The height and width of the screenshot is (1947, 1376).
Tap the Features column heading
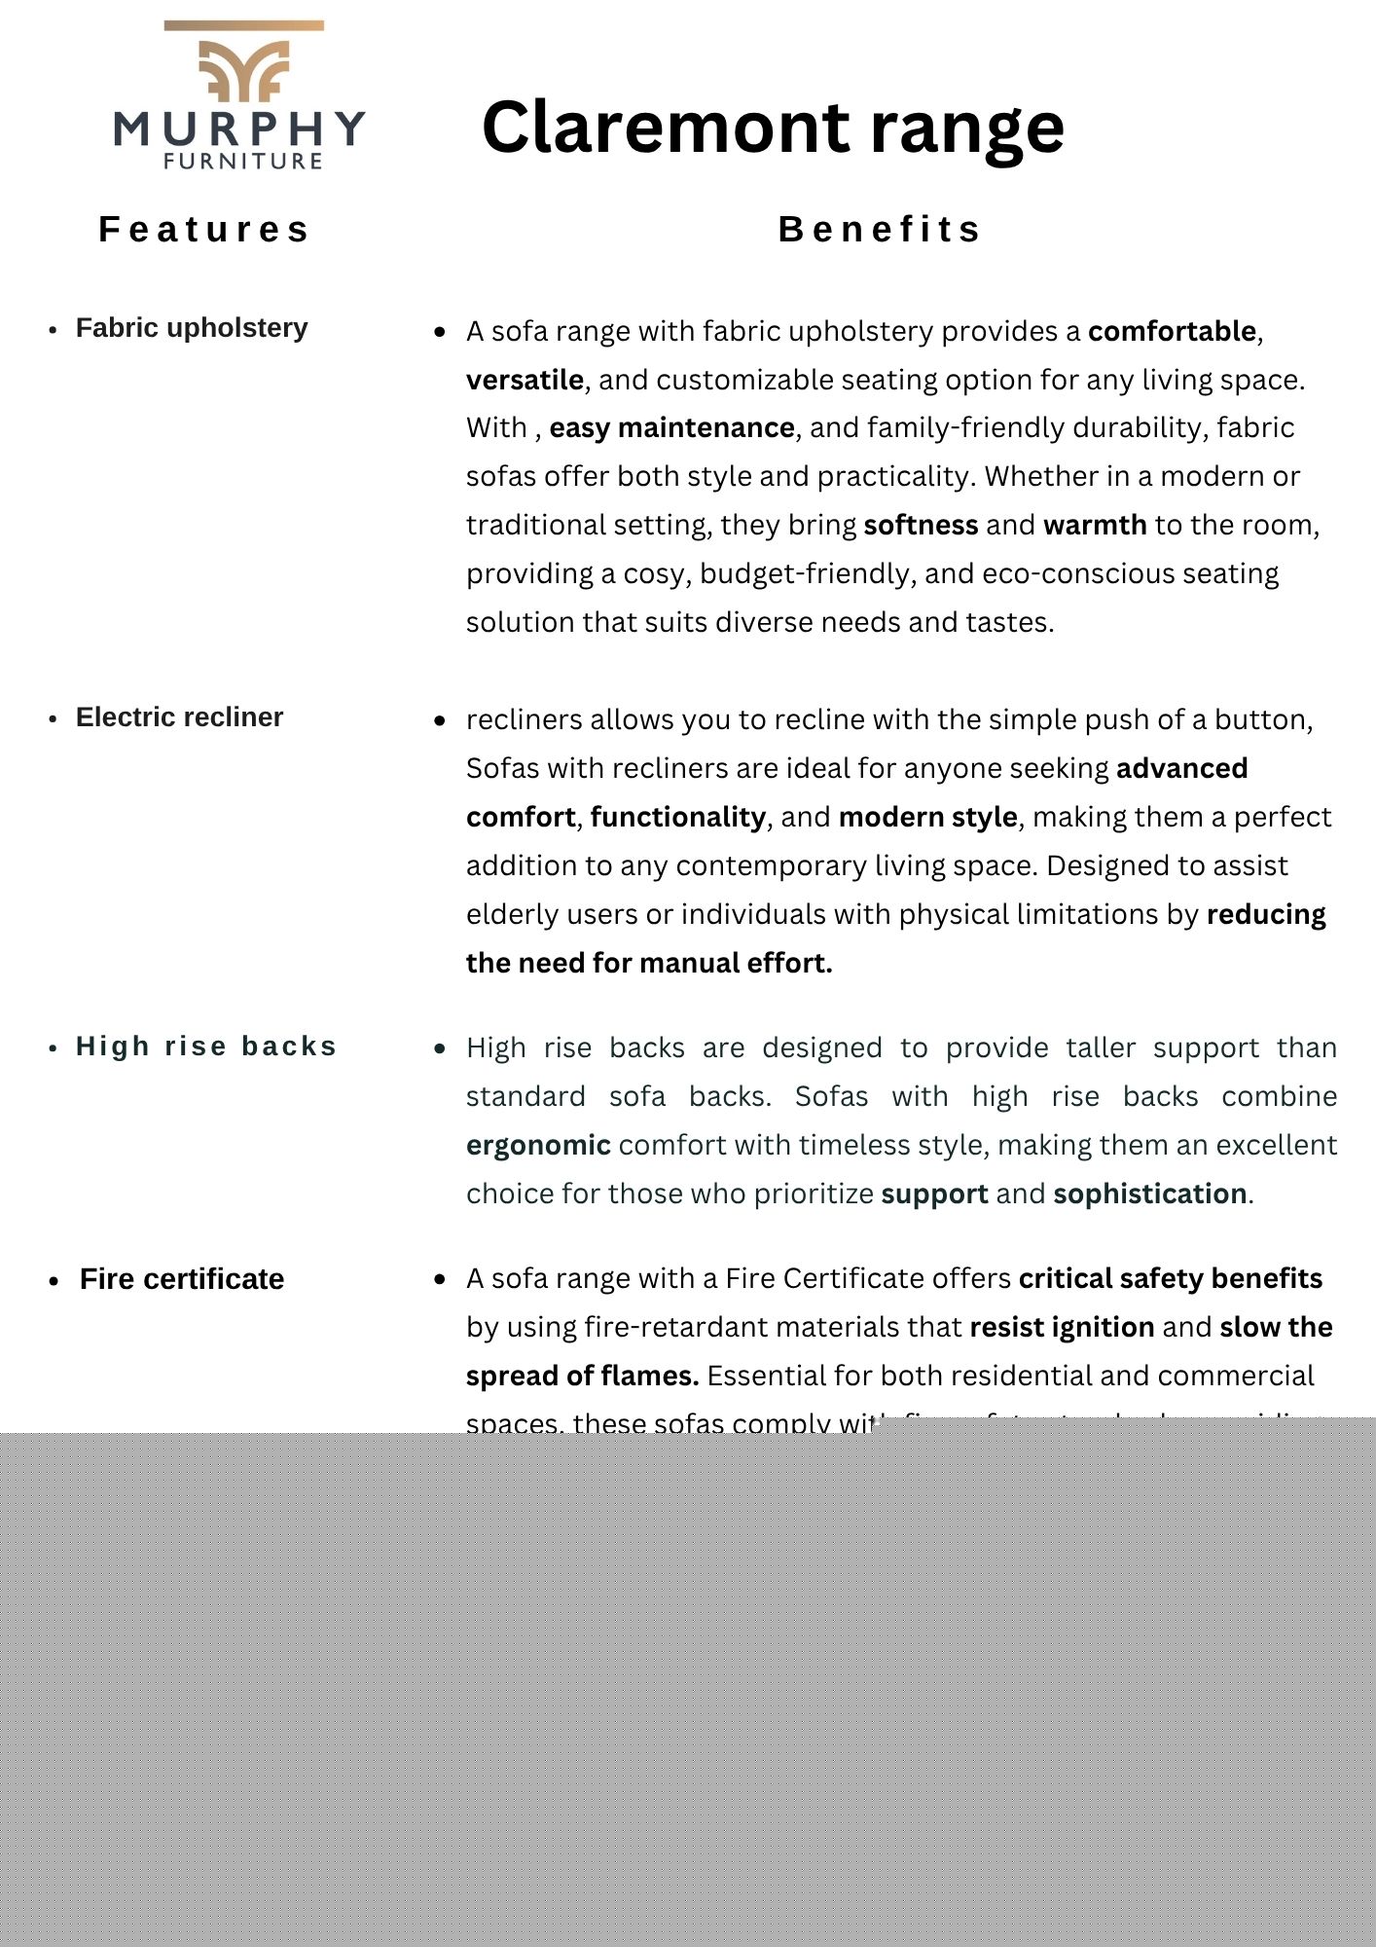pos(204,230)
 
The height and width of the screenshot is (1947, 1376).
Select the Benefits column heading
pos(880,230)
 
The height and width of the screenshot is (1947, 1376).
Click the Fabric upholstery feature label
pos(192,328)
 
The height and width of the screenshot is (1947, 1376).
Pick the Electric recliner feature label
pos(179,717)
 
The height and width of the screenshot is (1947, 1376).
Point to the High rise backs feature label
pos(206,1047)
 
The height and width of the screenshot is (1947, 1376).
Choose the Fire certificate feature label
pos(182,1279)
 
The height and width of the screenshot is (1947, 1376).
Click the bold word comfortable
pos(1172,332)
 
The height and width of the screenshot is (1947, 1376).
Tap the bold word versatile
pos(525,381)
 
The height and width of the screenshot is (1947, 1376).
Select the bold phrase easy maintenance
pos(671,428)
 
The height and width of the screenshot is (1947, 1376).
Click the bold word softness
pos(921,526)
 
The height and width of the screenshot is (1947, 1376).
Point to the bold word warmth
pos(1095,526)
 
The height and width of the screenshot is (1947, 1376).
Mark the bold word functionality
pos(677,818)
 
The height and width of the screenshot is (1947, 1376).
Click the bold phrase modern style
pos(927,818)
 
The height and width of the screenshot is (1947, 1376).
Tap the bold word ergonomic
pos(538,1146)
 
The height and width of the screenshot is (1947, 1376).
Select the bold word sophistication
pos(1149,1194)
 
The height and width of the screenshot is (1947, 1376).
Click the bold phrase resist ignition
pos(1062,1328)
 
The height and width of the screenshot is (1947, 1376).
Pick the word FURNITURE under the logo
pos(243,162)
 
